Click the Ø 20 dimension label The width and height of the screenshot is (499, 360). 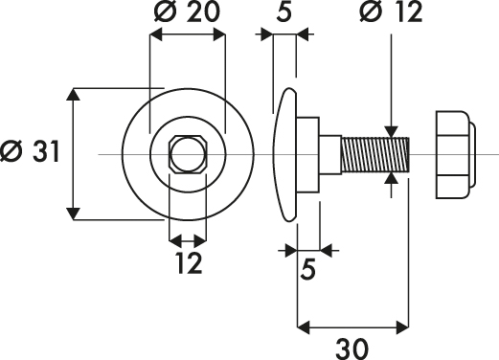(187, 11)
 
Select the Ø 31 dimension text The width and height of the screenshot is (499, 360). (30, 151)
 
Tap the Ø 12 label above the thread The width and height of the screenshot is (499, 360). (391, 11)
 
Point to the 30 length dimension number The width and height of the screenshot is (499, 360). (352, 349)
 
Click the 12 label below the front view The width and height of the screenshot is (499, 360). (189, 263)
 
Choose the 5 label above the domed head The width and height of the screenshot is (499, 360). (284, 11)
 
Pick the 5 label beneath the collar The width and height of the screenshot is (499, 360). (307, 269)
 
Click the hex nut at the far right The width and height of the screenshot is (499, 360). (456, 154)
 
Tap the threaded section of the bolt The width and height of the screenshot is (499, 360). (375, 154)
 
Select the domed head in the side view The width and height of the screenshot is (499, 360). (285, 154)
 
